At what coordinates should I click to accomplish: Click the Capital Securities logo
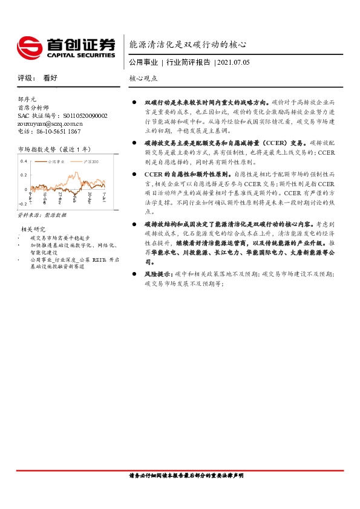point(65,47)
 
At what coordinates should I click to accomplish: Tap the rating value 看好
point(50,78)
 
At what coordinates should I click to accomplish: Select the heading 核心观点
point(143,79)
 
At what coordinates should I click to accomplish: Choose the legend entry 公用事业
point(56,162)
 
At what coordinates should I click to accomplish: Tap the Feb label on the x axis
point(74,198)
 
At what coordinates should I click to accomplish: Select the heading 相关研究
point(34,229)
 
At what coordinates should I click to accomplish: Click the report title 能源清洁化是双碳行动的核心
point(188,44)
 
